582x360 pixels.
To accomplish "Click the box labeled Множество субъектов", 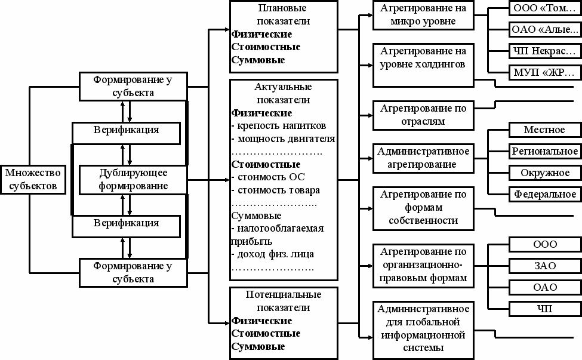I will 33,179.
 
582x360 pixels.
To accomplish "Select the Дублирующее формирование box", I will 133,179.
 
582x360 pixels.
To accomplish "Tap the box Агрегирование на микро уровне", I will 423,15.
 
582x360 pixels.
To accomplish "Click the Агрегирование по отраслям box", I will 423,114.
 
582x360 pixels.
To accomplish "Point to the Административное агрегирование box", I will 423,157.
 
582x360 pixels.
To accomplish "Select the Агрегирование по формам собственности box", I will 423,207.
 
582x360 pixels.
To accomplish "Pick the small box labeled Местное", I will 544,130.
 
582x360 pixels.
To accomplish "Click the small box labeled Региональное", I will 544,151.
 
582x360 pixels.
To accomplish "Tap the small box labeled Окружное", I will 544,173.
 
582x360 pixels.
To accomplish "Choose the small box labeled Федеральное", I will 544,194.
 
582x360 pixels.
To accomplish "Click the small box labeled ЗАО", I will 544,266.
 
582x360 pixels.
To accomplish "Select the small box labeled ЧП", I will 544,309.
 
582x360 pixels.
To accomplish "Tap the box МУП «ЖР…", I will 544,73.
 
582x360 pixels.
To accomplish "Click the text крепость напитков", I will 279,126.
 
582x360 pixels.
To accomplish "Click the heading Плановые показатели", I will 282,15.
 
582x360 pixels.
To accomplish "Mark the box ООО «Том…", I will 544,8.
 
